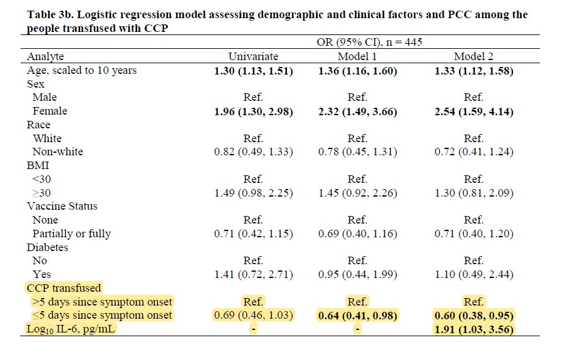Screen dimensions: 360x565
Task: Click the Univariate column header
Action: coord(253,57)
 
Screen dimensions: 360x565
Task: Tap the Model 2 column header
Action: coord(474,57)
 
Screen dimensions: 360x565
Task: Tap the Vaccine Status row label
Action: coord(62,206)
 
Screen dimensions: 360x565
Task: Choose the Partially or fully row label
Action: coord(72,234)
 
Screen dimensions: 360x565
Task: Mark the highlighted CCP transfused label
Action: coord(63,288)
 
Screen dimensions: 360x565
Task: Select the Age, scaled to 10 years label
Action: coord(81,71)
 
